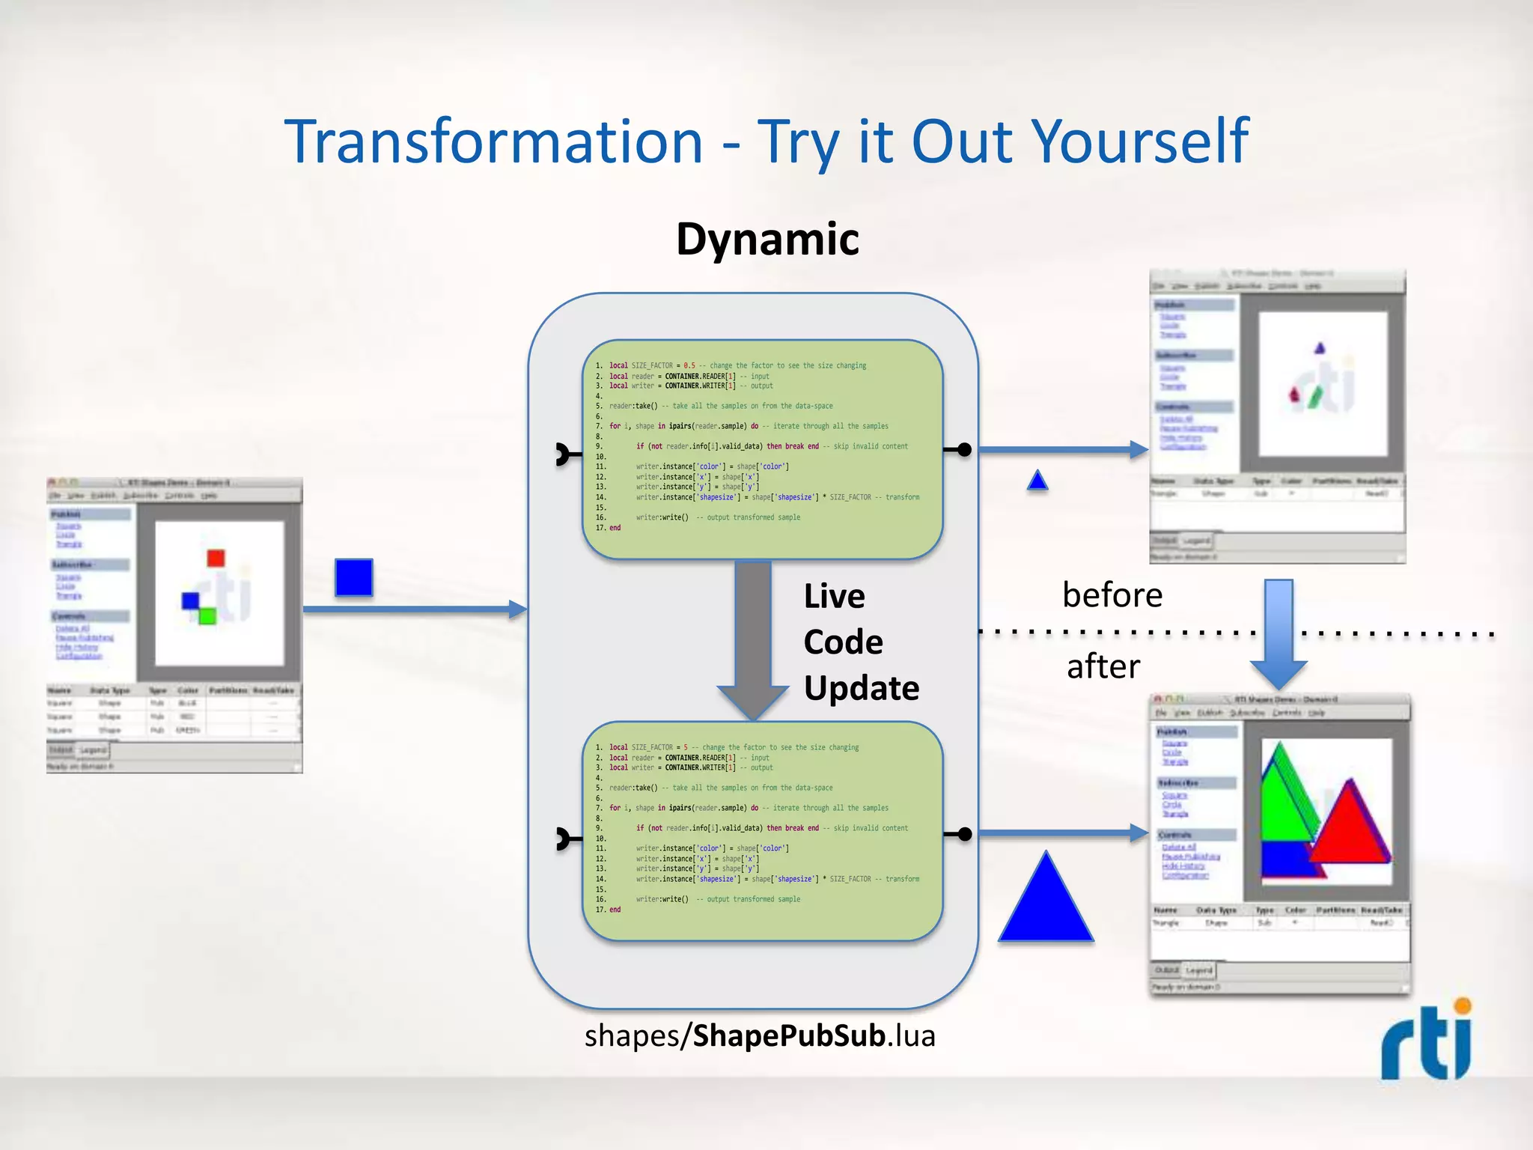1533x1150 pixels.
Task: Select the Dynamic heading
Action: (767, 240)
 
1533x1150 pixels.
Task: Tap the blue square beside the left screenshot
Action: (354, 577)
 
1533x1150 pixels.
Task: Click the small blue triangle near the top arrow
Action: (1037, 481)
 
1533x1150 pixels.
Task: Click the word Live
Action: (834, 597)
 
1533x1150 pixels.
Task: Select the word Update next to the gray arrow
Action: (861, 688)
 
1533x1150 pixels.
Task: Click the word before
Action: (1112, 595)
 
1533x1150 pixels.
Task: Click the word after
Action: (1103, 666)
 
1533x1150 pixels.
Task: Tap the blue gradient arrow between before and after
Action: (1278, 633)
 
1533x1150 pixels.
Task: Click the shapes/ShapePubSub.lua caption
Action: (760, 1036)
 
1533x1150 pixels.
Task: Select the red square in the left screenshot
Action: (216, 558)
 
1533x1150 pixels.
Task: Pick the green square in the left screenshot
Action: (207, 616)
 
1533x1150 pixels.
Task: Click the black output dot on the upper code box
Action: (965, 450)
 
